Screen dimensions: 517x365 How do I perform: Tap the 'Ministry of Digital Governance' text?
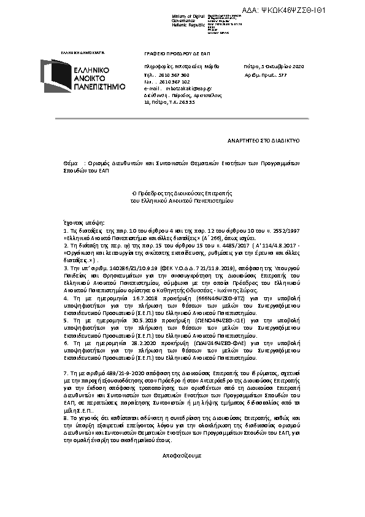pyautogui.click(x=187, y=18)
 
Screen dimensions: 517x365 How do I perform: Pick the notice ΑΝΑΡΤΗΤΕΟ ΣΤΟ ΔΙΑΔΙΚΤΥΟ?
pyautogui.click(x=272, y=141)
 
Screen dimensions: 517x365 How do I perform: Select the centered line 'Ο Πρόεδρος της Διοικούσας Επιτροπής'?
pyautogui.click(x=182, y=193)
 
